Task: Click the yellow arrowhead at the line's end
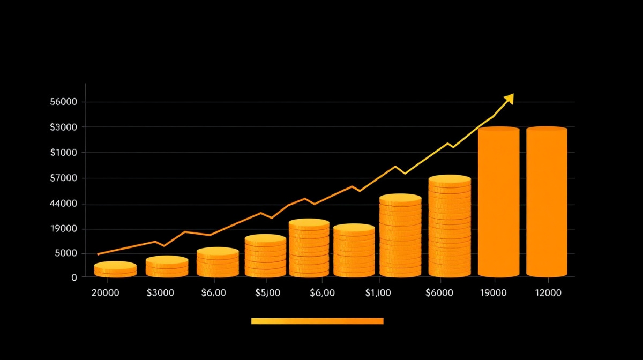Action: pyautogui.click(x=509, y=99)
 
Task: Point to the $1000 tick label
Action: pyautogui.click(x=64, y=153)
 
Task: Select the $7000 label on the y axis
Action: pyautogui.click(x=64, y=178)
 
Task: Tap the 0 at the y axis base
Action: pyautogui.click(x=74, y=277)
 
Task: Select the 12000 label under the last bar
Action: pyautogui.click(x=548, y=293)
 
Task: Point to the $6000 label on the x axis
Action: pyautogui.click(x=439, y=293)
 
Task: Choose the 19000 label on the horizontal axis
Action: pyautogui.click(x=494, y=293)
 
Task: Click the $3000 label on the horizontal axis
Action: pyautogui.click(x=160, y=293)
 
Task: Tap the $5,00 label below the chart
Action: pyautogui.click(x=267, y=293)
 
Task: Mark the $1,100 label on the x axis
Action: pyautogui.click(x=378, y=293)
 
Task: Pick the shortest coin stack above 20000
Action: pyautogui.click(x=115, y=269)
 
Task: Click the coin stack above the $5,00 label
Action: pyautogui.click(x=265, y=256)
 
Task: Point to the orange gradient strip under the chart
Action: pyautogui.click(x=317, y=321)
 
